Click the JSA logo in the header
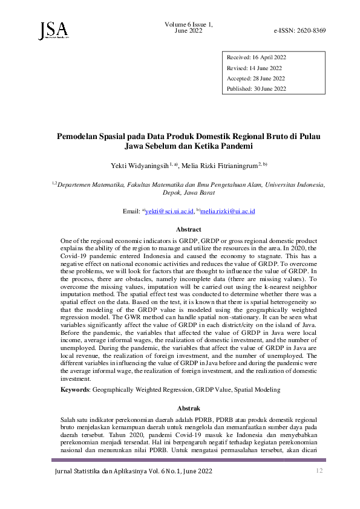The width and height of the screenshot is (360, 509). pos(53,28)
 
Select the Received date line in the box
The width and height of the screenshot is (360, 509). pos(256,57)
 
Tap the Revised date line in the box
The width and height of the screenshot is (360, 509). pos(254,68)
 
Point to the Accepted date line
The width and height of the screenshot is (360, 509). pos(255,79)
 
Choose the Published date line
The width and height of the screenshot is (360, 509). pos(257,89)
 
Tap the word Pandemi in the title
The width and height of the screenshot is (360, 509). pos(236,146)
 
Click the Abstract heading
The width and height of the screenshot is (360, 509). pos(188,230)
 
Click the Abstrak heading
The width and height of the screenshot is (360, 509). pos(188,408)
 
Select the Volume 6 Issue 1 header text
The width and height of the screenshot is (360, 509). pos(188,24)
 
